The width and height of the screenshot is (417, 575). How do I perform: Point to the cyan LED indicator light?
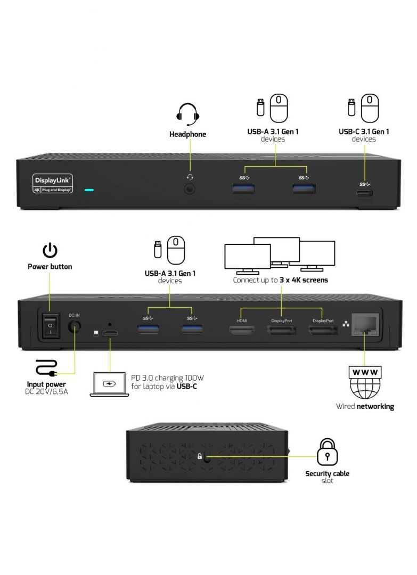[89, 189]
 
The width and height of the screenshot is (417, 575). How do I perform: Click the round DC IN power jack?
[74, 328]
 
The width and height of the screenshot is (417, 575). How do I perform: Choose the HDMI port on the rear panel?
[242, 331]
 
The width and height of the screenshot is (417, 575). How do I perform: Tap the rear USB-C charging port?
[110, 334]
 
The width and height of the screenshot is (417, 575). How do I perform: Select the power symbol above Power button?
[50, 250]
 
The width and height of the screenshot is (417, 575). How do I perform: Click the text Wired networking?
[365, 406]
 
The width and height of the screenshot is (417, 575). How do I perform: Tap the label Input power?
[46, 384]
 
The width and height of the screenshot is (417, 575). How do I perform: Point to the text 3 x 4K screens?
[304, 280]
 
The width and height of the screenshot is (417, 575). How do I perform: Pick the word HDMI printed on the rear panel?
[242, 321]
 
